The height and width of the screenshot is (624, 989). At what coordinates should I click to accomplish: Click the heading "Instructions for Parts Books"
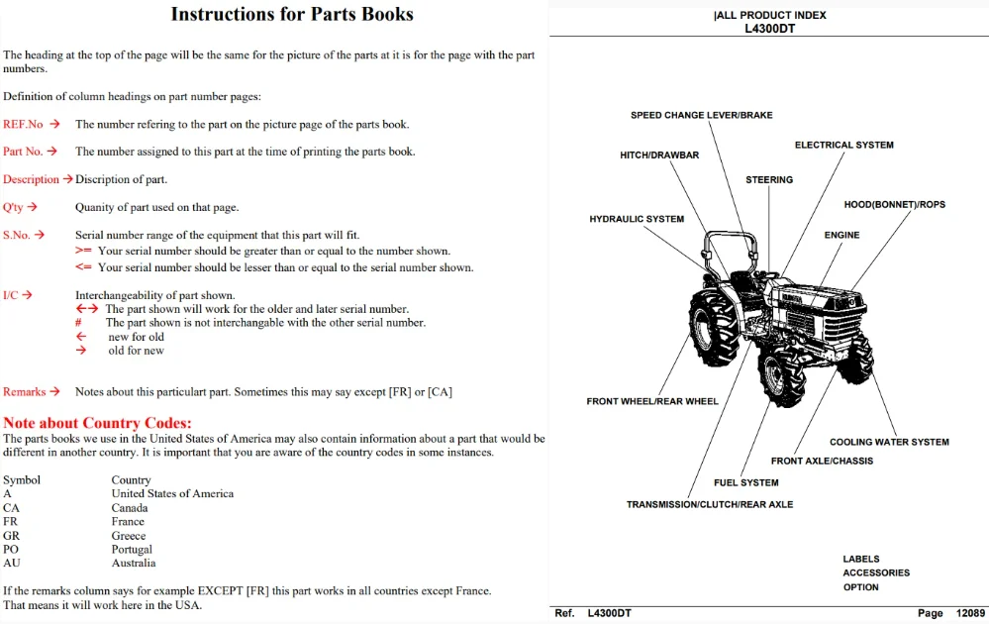(292, 14)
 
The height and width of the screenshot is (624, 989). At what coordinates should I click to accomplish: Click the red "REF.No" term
(23, 124)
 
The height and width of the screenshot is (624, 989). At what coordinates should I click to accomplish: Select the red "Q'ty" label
(13, 207)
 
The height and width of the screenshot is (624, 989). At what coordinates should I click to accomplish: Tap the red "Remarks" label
(25, 392)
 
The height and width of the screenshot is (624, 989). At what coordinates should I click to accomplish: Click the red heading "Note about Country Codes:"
(97, 423)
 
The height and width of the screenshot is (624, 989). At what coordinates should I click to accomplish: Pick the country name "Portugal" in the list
(132, 549)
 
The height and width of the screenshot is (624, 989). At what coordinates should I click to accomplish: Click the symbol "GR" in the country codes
(11, 535)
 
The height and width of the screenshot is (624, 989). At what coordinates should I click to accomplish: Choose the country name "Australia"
(134, 563)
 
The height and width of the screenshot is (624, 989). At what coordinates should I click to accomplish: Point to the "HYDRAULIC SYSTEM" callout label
(637, 219)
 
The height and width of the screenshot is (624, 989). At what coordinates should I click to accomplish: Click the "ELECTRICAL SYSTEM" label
(843, 146)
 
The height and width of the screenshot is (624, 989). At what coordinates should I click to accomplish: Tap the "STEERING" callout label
(769, 180)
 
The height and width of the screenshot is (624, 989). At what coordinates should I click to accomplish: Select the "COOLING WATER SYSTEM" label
(889, 443)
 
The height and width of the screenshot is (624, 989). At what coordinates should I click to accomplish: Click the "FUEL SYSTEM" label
(745, 482)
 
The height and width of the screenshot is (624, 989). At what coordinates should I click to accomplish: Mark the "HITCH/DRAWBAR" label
(659, 156)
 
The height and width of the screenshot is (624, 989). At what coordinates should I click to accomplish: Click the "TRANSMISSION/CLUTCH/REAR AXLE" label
(710, 505)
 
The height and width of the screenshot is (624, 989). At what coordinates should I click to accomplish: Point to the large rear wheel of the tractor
(713, 328)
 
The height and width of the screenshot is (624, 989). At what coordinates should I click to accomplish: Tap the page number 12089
(970, 613)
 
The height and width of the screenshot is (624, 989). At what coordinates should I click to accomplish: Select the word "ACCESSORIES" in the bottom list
(876, 572)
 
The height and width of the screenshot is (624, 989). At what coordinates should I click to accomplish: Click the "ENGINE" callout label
(841, 236)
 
